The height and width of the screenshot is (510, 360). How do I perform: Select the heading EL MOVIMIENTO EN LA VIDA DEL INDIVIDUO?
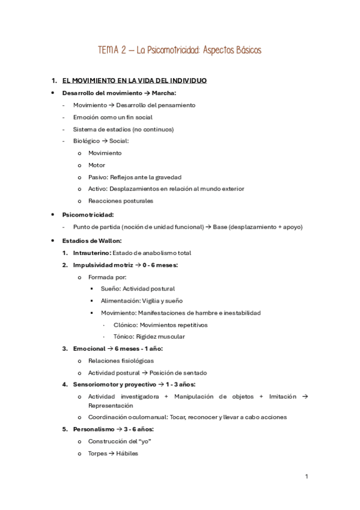click(135, 81)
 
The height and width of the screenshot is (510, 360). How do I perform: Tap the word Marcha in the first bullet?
click(163, 93)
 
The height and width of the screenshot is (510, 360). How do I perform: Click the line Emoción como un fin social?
click(112, 117)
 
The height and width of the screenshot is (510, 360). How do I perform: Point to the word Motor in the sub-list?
click(96, 165)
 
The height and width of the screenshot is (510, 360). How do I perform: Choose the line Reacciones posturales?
click(120, 201)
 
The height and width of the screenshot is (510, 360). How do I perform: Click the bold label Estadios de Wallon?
click(91, 241)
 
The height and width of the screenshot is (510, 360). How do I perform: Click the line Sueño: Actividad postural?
click(138, 289)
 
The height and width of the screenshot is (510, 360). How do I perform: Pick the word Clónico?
click(124, 325)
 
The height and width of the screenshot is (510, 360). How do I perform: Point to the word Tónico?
click(123, 337)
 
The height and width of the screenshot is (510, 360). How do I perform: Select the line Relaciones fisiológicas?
click(120, 361)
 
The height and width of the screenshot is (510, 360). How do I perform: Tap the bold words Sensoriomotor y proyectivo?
click(114, 384)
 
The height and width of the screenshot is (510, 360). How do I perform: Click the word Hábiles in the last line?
click(127, 453)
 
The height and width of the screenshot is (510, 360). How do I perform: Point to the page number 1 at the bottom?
click(307, 477)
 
